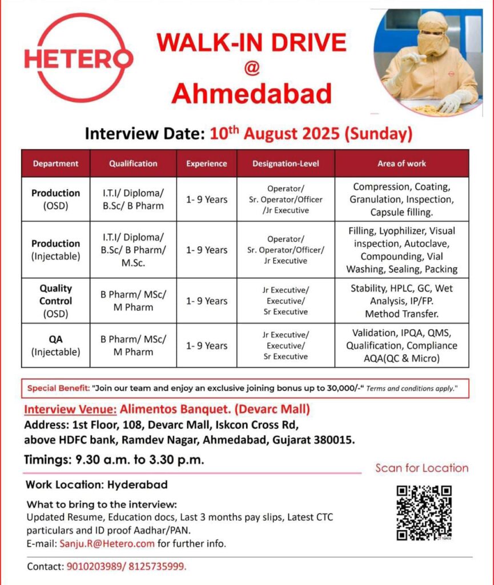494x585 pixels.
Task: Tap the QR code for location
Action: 424,512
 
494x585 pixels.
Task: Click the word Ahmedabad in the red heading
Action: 252,94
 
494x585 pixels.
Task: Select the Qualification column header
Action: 133,163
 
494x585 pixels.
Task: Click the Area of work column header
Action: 401,163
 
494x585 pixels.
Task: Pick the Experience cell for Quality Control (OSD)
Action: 207,301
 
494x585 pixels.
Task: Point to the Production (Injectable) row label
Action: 55,250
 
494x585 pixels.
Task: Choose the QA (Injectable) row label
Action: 55,346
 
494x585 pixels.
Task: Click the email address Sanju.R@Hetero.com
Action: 107,543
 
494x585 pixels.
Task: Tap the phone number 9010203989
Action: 90,567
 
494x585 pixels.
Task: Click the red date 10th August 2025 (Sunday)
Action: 311,134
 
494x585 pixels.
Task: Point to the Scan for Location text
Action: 421,468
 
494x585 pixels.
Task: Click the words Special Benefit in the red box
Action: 58,388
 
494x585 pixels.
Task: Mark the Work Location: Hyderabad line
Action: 97,485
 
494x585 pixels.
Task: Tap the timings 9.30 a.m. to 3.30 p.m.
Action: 147,459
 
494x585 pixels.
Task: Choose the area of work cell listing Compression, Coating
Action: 401,199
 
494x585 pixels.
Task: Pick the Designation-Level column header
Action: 286,163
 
